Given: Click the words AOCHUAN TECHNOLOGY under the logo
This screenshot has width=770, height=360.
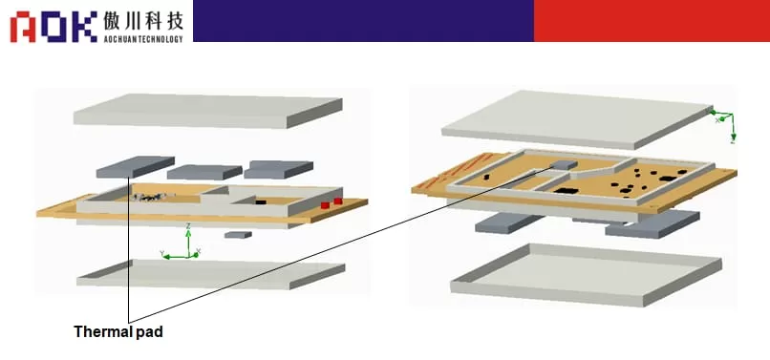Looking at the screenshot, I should click(x=142, y=37).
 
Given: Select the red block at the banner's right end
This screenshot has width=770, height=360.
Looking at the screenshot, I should click(x=651, y=20).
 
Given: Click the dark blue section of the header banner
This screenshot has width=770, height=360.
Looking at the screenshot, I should click(x=363, y=20).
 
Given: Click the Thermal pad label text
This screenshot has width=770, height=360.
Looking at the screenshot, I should click(x=118, y=332).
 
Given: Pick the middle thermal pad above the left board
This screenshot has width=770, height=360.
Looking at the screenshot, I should click(x=203, y=172).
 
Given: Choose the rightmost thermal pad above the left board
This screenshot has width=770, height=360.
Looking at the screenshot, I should click(x=277, y=169).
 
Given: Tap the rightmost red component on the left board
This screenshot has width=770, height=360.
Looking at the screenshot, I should click(x=338, y=201).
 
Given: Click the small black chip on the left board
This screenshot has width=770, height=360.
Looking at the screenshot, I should click(x=261, y=202).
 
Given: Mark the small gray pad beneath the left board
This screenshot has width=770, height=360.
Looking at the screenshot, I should click(x=238, y=234).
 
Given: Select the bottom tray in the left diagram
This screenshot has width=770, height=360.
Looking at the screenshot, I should click(x=210, y=273).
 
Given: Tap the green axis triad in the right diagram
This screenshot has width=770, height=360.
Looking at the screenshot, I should click(x=726, y=121).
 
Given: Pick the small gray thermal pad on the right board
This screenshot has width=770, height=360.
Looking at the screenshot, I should click(x=564, y=165).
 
